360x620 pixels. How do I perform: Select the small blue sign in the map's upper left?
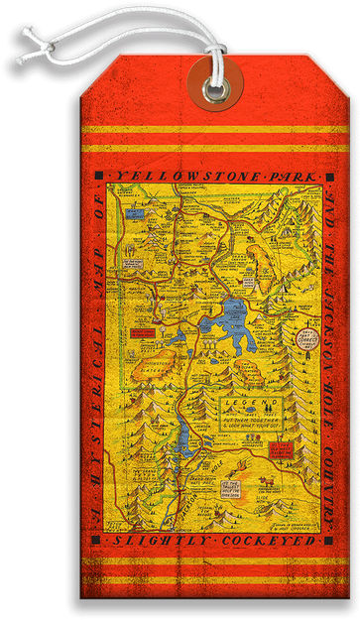(133, 211)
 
